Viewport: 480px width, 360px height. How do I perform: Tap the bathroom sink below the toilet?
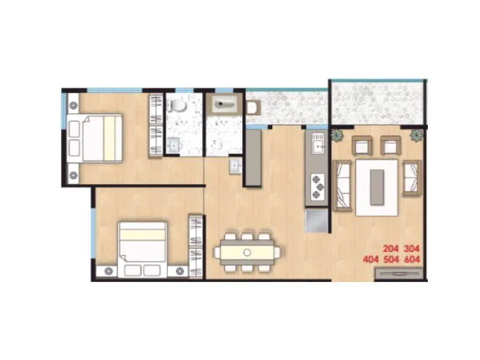tap(174, 145)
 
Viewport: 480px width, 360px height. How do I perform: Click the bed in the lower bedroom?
tap(142, 248)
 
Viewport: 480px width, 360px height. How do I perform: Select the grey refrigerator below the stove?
tap(316, 221)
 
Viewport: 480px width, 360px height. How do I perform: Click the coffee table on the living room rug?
tap(377, 187)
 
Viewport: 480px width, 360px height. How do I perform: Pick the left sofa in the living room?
tap(343, 185)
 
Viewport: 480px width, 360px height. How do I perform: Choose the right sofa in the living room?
tap(412, 178)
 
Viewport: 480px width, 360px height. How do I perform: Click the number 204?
tap(391, 248)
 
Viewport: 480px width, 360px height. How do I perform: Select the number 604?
tap(412, 259)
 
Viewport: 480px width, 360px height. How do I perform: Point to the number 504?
tap(391, 259)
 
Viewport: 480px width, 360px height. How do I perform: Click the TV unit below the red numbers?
tap(399, 274)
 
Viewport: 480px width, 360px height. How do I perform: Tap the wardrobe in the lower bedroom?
tap(196, 245)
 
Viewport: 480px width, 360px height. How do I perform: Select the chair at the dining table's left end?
tap(217, 253)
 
